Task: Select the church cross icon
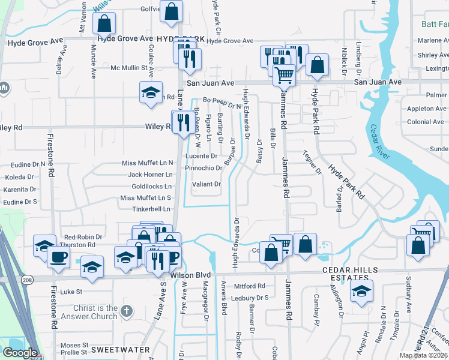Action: (x=125, y=311)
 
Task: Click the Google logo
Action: (x=19, y=353)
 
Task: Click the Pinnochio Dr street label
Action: (x=203, y=168)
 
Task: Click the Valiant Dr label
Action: (x=206, y=184)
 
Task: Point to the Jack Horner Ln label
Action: (x=150, y=175)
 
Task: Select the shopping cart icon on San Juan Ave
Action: (x=284, y=74)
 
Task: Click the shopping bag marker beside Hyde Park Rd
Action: (x=316, y=64)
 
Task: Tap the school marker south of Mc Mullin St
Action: (x=151, y=92)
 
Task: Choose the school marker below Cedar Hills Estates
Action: (x=361, y=291)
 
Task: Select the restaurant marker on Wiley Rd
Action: (x=183, y=122)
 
